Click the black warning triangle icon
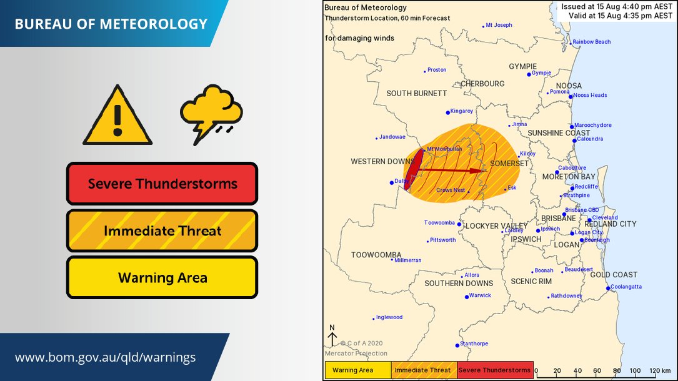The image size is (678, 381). coord(117,117)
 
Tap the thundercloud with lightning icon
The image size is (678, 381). coord(211,114)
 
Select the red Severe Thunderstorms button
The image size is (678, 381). coord(162,184)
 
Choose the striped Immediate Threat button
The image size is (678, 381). coord(162,231)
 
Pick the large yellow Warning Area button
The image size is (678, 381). coord(162,277)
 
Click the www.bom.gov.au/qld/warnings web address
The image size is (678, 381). coord(105,358)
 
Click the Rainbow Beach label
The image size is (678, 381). coord(592,42)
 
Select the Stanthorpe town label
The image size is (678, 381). coord(475,344)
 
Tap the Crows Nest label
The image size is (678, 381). coord(450,190)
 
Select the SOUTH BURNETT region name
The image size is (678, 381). coord(417,93)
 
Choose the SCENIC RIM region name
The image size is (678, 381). coord(531,282)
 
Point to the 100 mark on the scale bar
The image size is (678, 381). coord(636,371)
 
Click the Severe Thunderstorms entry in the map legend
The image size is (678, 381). coord(494,370)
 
